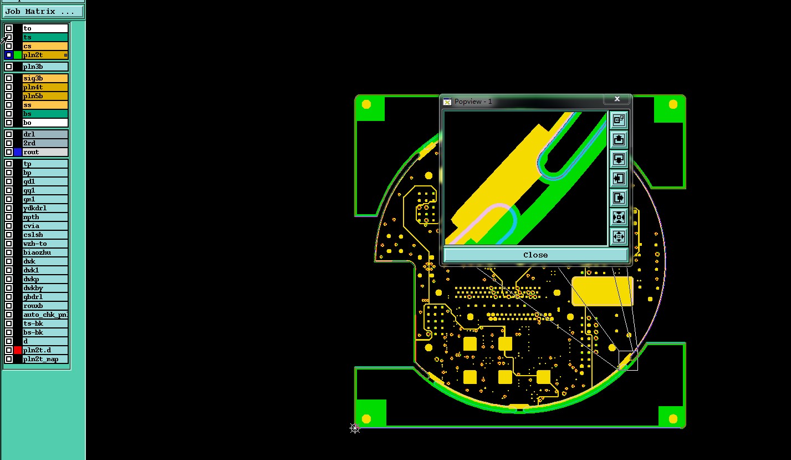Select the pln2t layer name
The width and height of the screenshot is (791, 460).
pos(33,55)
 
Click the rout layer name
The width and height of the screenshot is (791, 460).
pos(31,152)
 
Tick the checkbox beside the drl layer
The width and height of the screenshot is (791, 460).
pos(9,134)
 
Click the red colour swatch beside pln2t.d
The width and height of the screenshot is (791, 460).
pos(18,350)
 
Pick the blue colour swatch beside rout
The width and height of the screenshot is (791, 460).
pos(18,152)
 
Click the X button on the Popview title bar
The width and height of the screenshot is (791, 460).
pos(617,99)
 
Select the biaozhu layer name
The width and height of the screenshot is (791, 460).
pos(37,252)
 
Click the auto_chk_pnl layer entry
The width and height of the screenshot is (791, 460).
pos(45,315)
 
